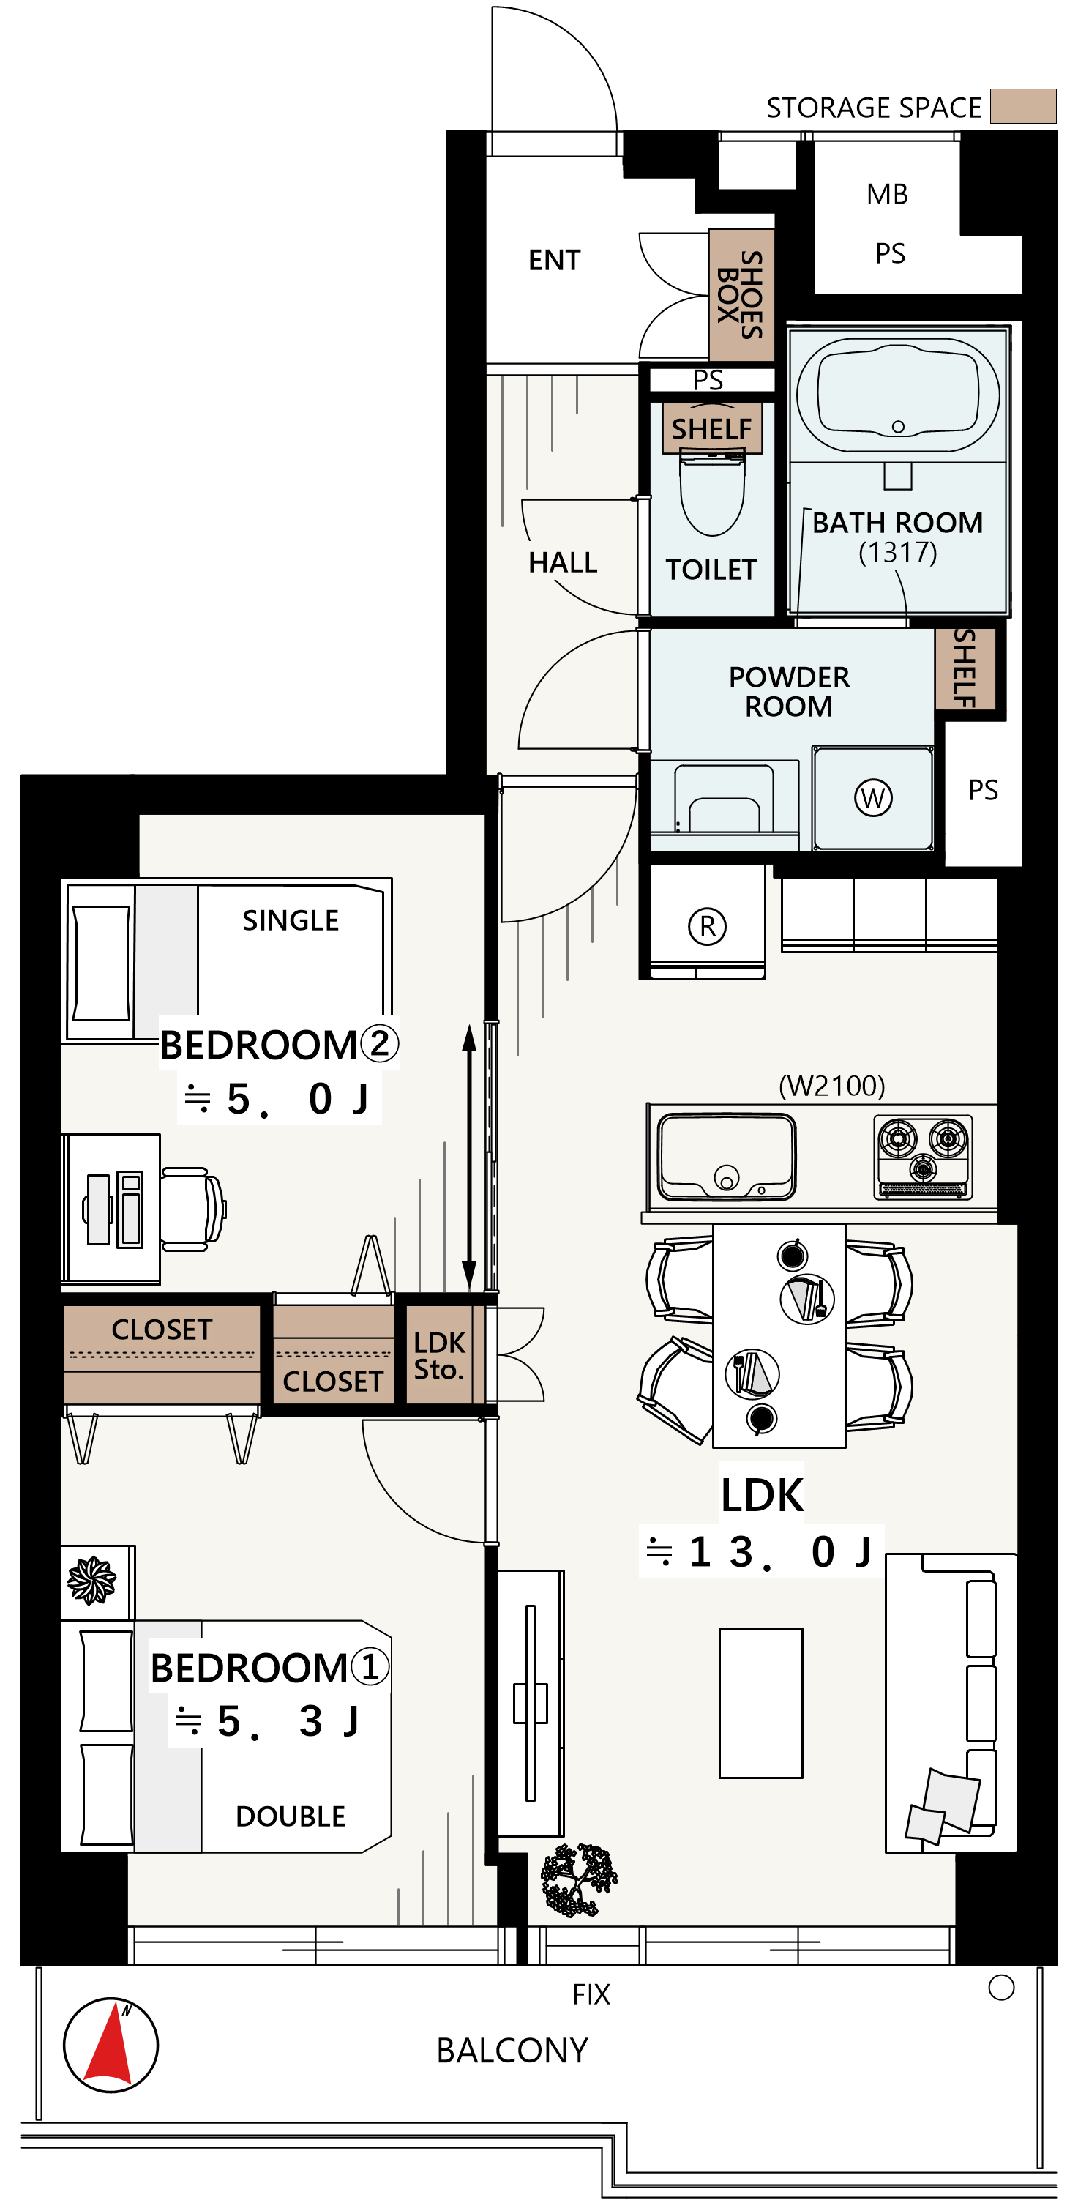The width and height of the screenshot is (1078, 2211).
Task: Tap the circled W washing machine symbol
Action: point(873,797)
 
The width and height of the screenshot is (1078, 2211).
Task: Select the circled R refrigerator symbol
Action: point(707,926)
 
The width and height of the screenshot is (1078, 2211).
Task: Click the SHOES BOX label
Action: point(740,294)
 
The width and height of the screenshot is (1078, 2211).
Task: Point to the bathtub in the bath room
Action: point(898,395)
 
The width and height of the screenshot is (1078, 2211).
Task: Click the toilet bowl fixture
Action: point(711,493)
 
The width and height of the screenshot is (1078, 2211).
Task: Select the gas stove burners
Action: point(924,1156)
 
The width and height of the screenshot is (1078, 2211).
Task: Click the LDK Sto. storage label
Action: point(438,1355)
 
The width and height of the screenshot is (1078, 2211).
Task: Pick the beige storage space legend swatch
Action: point(1023,105)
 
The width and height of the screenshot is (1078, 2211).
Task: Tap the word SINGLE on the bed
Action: point(290,920)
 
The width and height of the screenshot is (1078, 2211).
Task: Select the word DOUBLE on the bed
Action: point(290,1816)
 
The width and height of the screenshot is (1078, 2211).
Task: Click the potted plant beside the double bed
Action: point(91,1580)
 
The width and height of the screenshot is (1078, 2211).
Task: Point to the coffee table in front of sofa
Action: point(760,1703)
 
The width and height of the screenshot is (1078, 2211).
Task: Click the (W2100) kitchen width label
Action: point(831,1086)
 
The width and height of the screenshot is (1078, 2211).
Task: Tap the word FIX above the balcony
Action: point(591,1994)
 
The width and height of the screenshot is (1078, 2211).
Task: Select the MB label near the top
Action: point(888,194)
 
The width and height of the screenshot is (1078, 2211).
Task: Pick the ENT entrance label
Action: point(555,260)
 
